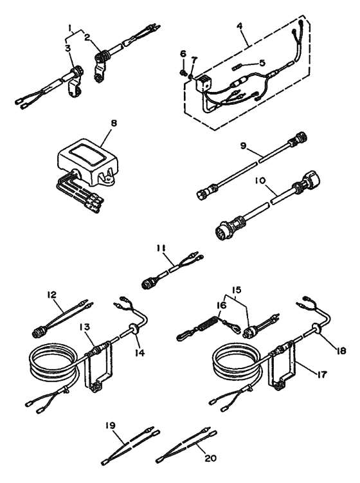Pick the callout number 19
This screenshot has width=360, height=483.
point(112,426)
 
